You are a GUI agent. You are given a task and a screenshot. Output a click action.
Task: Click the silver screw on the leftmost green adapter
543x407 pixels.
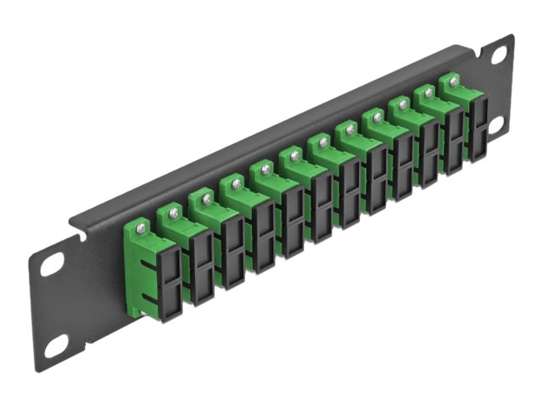(x=142, y=226)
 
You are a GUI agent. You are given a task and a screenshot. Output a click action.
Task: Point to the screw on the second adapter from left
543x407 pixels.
(x=174, y=212)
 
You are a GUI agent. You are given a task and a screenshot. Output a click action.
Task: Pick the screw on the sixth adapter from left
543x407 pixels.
(x=294, y=156)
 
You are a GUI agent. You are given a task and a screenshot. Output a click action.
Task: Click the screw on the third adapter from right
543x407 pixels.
(x=404, y=104)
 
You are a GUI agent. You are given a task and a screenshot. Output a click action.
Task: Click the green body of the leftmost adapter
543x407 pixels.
(x=138, y=254)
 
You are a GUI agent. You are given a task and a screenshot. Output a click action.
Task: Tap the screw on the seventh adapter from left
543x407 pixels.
(x=322, y=142)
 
